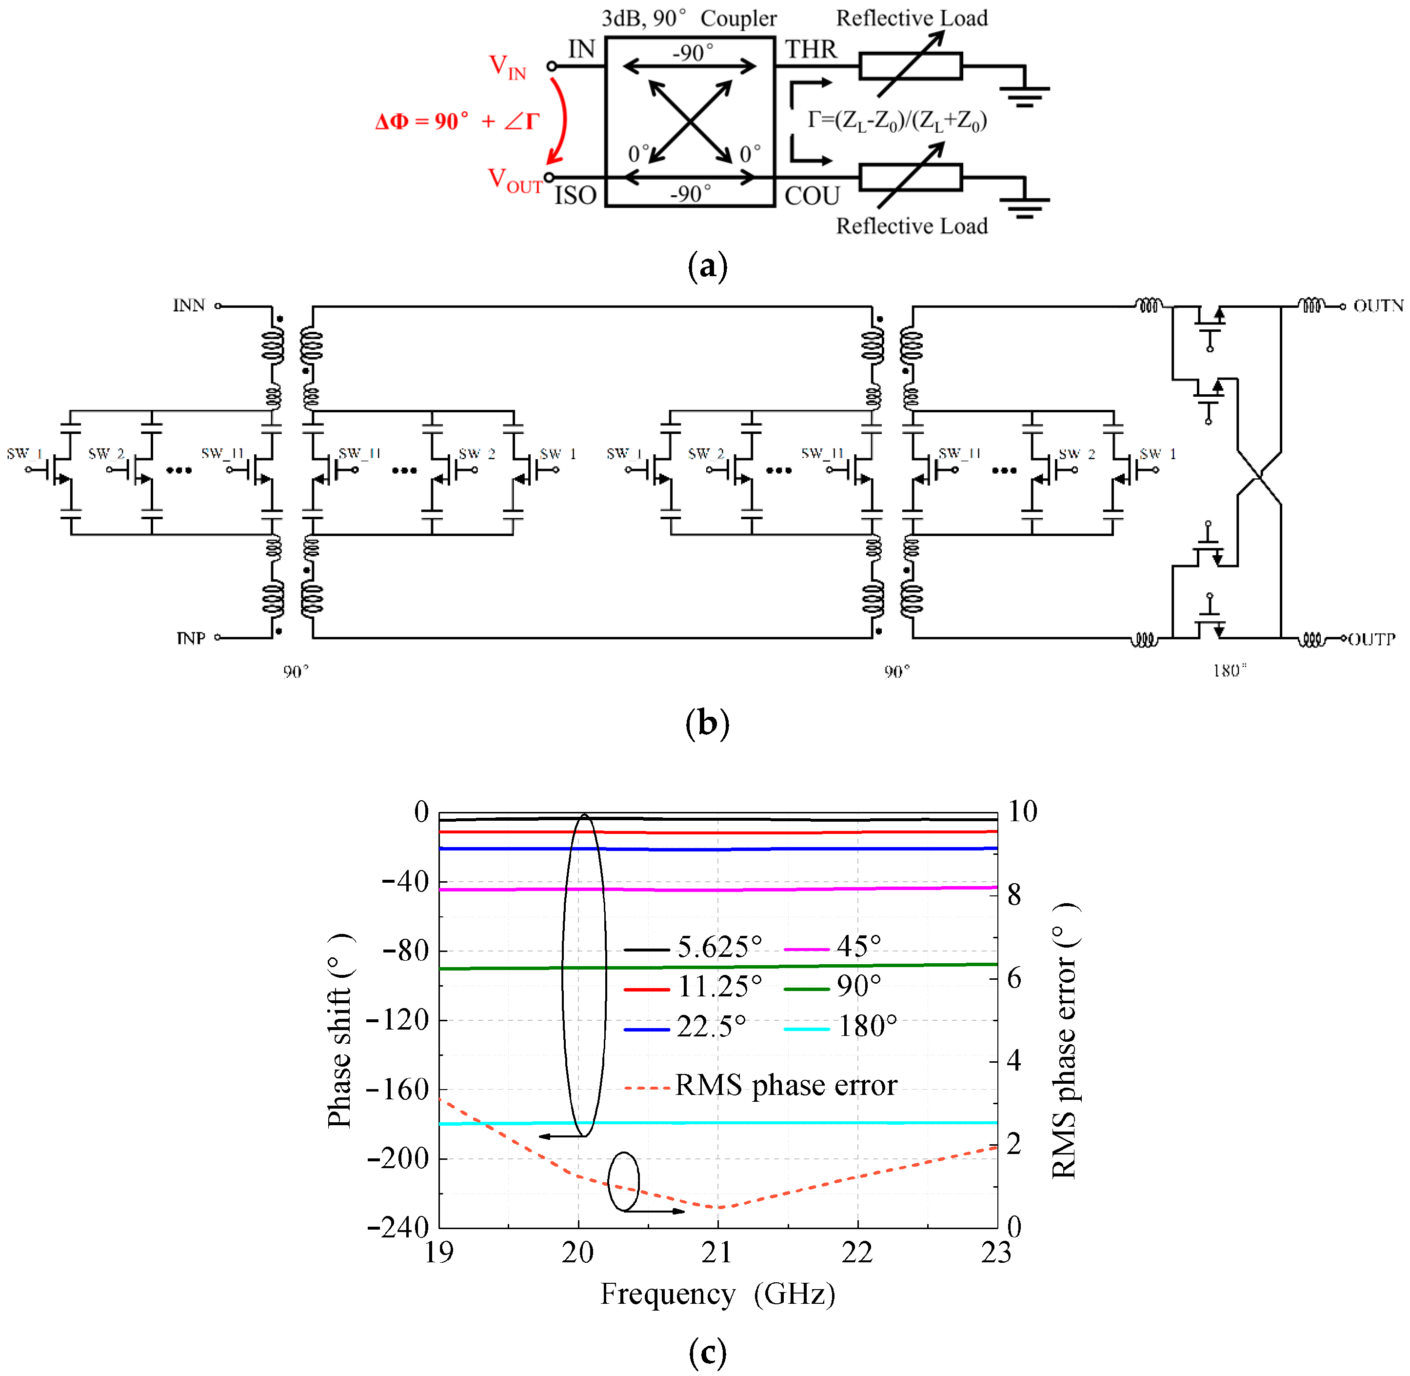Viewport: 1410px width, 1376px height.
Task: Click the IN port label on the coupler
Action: pos(581,49)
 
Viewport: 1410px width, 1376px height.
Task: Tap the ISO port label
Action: pos(575,195)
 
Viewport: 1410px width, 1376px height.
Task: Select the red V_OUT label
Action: pos(515,180)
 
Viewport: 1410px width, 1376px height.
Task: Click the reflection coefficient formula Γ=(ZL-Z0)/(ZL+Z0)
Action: pos(896,121)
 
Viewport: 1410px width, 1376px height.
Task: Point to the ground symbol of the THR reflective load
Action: pos(1024,93)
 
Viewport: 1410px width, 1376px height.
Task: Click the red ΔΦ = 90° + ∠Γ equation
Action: pos(457,121)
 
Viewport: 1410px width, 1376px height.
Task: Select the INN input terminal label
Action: pos(189,306)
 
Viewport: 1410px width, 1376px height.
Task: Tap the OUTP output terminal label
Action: pos(1371,639)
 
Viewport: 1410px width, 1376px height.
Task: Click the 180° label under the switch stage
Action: pos(1229,670)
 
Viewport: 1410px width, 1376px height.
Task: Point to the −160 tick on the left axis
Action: pos(399,1090)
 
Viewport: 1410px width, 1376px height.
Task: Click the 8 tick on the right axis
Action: pos(1014,895)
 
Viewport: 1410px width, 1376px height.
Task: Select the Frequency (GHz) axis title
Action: pos(717,1293)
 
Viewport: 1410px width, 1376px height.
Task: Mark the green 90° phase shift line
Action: pos(794,966)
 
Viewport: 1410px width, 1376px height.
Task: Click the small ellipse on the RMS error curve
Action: pos(623,1182)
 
